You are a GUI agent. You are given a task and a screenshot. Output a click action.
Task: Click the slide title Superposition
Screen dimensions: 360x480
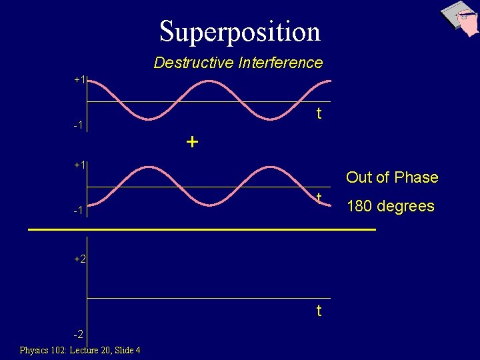(x=240, y=31)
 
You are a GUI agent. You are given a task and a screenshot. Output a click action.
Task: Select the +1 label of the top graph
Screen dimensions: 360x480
(x=80, y=79)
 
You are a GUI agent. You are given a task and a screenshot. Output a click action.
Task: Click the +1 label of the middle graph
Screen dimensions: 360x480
(x=80, y=164)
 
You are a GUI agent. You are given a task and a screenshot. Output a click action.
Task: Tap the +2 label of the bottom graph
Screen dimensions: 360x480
(x=80, y=259)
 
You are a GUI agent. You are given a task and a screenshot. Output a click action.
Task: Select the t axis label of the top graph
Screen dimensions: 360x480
(x=319, y=113)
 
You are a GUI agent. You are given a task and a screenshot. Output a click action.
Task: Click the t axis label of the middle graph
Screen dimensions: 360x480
(x=319, y=198)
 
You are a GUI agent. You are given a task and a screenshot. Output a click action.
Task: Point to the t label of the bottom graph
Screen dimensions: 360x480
(x=319, y=311)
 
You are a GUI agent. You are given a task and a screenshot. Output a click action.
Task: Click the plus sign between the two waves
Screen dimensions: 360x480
(x=192, y=142)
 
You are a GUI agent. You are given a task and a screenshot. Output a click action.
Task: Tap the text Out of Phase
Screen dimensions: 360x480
(x=392, y=177)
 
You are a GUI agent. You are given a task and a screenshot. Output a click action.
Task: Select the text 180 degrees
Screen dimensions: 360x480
(x=390, y=206)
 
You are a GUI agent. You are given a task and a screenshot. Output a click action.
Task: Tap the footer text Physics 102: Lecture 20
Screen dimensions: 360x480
(x=64, y=350)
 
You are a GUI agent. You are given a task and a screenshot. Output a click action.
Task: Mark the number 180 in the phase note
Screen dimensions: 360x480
(x=360, y=206)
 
